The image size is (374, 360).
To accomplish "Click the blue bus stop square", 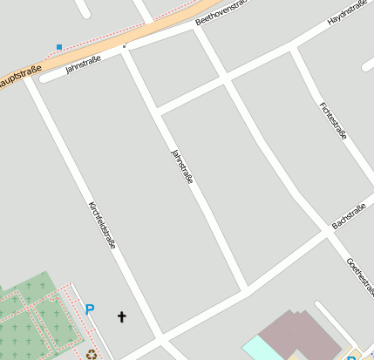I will click(x=59, y=46).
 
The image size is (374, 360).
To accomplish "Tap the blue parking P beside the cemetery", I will click(x=89, y=309).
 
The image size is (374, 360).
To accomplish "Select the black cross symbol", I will click(x=121, y=316).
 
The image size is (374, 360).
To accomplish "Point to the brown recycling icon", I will click(x=92, y=354).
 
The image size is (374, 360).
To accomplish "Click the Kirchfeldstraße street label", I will click(x=102, y=226).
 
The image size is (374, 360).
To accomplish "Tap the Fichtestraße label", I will click(x=334, y=120).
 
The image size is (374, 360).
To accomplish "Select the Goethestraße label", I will click(x=359, y=275).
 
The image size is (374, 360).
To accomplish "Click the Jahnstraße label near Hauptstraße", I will click(x=83, y=64).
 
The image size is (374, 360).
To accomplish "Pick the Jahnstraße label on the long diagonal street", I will click(x=182, y=166).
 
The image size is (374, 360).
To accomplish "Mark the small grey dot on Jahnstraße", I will click(x=125, y=45).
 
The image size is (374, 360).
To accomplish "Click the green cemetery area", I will click(x=35, y=318).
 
